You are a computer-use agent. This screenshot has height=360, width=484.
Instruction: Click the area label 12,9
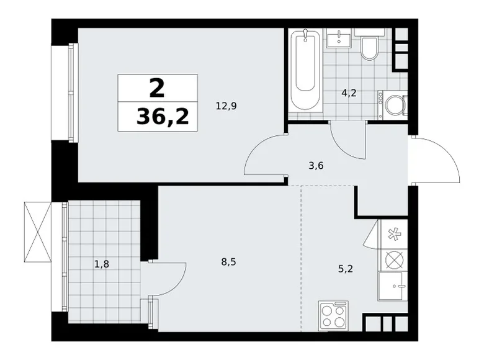(x=226, y=106)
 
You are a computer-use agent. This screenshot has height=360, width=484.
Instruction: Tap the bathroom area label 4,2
(x=349, y=94)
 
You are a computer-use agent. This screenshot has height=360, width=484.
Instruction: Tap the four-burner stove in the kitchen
(x=333, y=315)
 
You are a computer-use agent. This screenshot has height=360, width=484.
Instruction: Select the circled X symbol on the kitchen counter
(x=393, y=259)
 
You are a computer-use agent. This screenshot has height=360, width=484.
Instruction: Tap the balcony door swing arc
(x=168, y=279)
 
